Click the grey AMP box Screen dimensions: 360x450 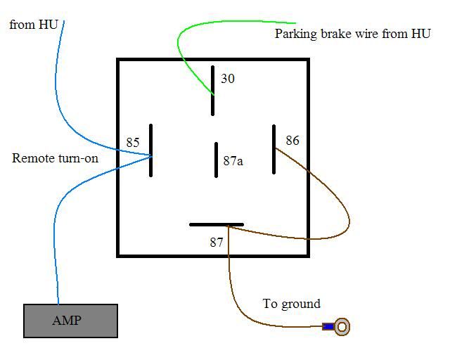tap(70, 321)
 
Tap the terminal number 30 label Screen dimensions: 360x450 tap(228, 78)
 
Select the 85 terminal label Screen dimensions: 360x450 tap(133, 143)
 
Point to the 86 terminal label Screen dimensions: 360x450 tap(292, 141)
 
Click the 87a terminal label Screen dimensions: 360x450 tap(233, 161)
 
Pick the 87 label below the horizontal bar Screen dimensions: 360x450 tap(216, 243)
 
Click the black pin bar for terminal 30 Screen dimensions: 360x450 tap(212, 90)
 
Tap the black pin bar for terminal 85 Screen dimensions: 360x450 tap(150, 150)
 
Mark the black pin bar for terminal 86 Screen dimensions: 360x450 tap(274, 149)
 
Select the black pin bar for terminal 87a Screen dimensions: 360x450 tap(216, 160)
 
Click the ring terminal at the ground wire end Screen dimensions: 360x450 tap(342, 326)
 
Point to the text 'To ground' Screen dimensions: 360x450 tap(291, 304)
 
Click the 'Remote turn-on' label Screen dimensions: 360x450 tap(55, 158)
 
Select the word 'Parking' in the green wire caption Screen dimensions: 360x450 tap(295, 34)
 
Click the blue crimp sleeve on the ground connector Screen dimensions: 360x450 tap(328, 326)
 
